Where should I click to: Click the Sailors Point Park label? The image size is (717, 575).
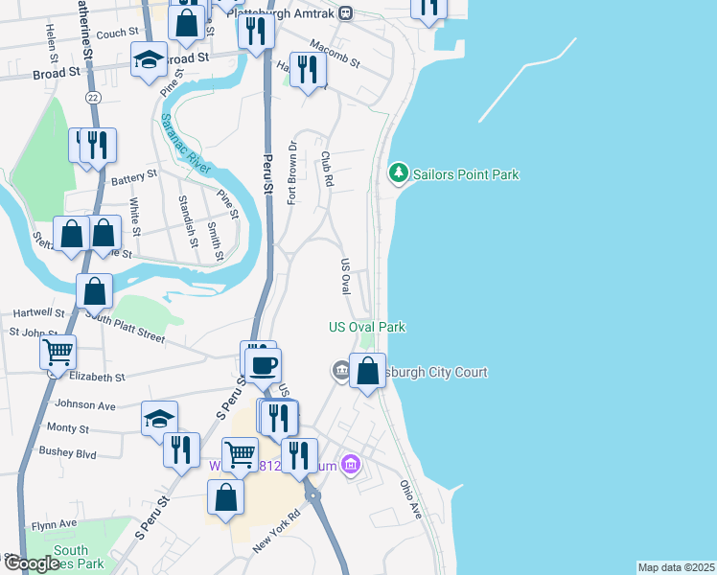coord(466,174)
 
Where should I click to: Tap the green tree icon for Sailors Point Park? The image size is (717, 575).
coord(397,173)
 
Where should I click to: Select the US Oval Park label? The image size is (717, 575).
coord(367,327)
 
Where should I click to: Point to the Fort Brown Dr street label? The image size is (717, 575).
coord(293,172)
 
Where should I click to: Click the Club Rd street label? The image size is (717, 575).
coord(328,169)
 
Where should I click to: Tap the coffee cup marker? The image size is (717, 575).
coord(263,364)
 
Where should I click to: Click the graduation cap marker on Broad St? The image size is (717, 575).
coord(149,61)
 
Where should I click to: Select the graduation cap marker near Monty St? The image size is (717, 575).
coord(160,419)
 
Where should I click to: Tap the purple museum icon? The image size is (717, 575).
coord(352,466)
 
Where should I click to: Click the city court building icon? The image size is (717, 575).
coord(341,371)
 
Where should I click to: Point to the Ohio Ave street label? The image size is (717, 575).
coord(411,499)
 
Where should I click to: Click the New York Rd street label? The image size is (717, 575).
coord(277,528)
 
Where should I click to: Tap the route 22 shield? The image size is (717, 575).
coord(92,98)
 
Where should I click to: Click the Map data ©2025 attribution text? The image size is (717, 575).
coord(676,567)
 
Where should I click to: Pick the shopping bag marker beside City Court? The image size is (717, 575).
coord(367,371)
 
